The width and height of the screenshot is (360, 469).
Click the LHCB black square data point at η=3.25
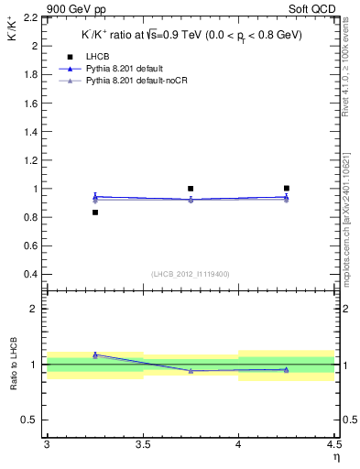pyautogui.click(x=94, y=213)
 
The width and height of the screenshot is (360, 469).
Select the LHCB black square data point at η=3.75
pyautogui.click(x=191, y=189)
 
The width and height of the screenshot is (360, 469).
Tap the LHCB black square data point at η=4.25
pyautogui.click(x=287, y=189)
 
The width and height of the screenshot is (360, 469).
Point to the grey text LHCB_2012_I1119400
pyautogui.click(x=190, y=274)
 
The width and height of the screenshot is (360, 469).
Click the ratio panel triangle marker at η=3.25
pyautogui.click(x=94, y=354)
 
